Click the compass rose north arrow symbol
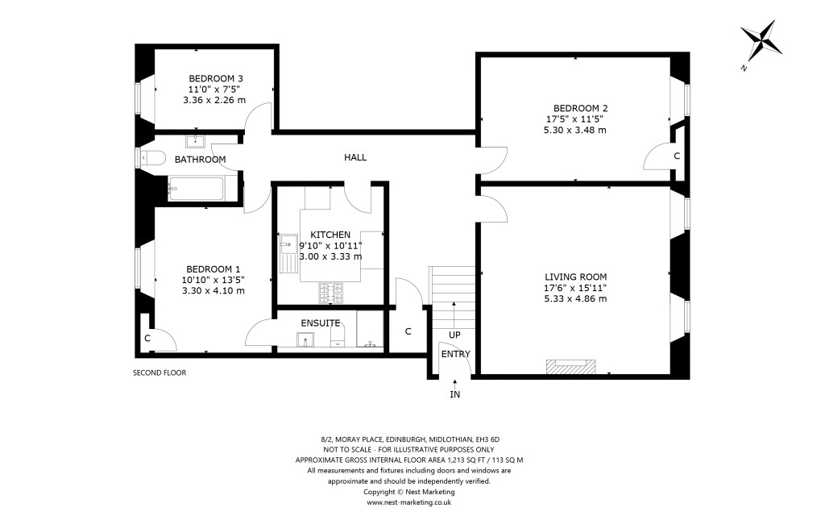coord(761,42)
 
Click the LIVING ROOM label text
coord(574,277)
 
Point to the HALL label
coord(355,157)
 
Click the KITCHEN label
coord(330,234)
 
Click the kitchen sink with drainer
coord(288,252)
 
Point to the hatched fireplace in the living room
coord(571,368)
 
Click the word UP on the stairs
coord(454,334)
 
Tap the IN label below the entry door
coord(455,394)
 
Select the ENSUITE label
coord(320,322)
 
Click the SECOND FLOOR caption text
coord(159,373)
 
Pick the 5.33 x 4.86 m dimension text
coord(574,298)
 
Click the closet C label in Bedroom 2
coord(677,155)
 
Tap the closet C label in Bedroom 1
coord(147,339)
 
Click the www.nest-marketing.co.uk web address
coord(408,501)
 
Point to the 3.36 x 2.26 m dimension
coord(214,100)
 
